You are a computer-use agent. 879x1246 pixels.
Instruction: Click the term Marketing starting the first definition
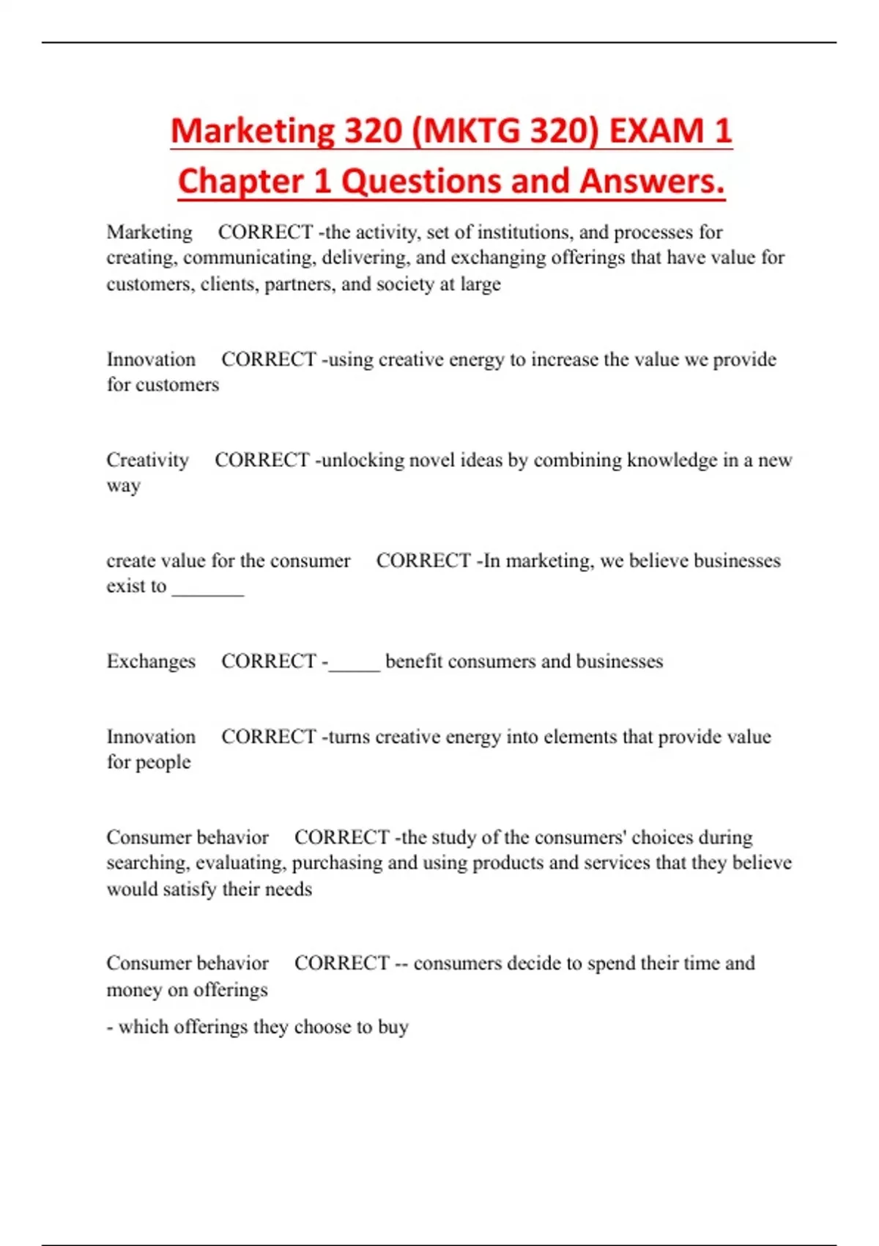[149, 232]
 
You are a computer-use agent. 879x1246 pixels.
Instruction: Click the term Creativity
[147, 460]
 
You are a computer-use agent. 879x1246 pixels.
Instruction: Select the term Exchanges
[151, 661]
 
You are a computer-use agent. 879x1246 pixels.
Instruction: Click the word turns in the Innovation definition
[349, 737]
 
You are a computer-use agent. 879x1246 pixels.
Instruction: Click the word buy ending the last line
[393, 1028]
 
